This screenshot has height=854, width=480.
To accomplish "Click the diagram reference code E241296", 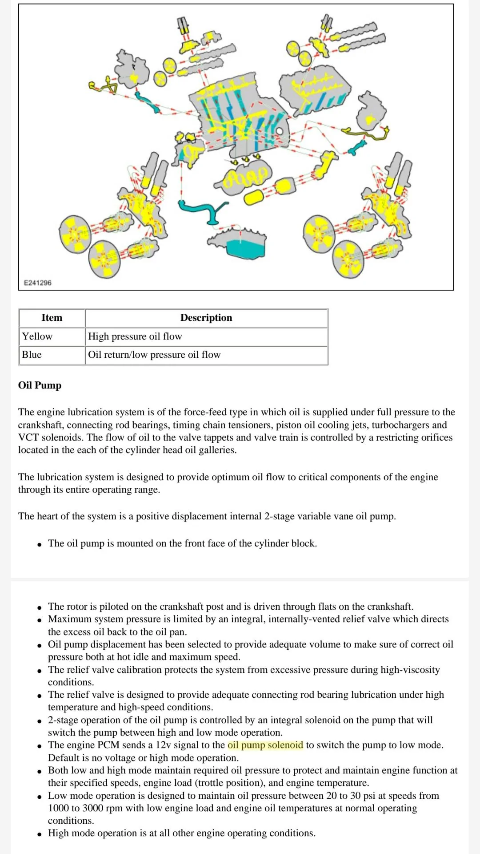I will click(37, 283).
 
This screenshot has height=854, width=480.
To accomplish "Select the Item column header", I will click(52, 318).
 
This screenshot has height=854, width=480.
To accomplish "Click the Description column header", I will click(206, 318).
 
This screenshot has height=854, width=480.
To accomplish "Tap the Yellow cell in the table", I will click(37, 336).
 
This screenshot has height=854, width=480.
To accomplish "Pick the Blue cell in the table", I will click(32, 355).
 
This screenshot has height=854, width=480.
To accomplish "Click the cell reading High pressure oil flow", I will click(135, 336).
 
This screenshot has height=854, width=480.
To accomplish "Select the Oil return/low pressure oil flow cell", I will click(154, 355).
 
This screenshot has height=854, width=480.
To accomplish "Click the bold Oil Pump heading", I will click(40, 385).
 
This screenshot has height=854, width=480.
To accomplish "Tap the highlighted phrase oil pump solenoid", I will click(265, 745).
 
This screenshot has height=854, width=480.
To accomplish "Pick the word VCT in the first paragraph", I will click(28, 437).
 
